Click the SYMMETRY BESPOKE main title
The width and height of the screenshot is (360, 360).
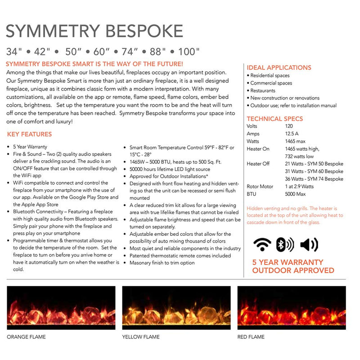94,31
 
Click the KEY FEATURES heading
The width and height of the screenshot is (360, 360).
29,134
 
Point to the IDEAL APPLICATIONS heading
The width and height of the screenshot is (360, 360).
279,67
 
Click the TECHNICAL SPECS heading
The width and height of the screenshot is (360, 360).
275,119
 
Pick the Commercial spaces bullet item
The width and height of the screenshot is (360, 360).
270,83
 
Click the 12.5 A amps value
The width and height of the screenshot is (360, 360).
292,134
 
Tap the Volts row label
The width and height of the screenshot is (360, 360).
252,126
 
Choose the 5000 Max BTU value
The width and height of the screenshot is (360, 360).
296,194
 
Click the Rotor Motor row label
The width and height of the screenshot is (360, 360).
260,186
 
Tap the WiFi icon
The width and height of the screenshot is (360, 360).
262,244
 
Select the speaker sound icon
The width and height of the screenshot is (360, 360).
309,244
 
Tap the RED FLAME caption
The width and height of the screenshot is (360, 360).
251,337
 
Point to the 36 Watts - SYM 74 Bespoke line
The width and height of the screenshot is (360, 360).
314,179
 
